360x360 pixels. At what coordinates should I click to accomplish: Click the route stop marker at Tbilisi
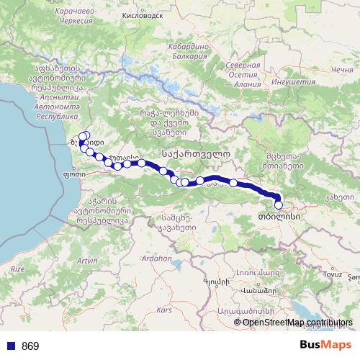tap(279, 205)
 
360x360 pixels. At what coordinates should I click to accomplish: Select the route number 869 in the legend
tap(30, 346)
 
